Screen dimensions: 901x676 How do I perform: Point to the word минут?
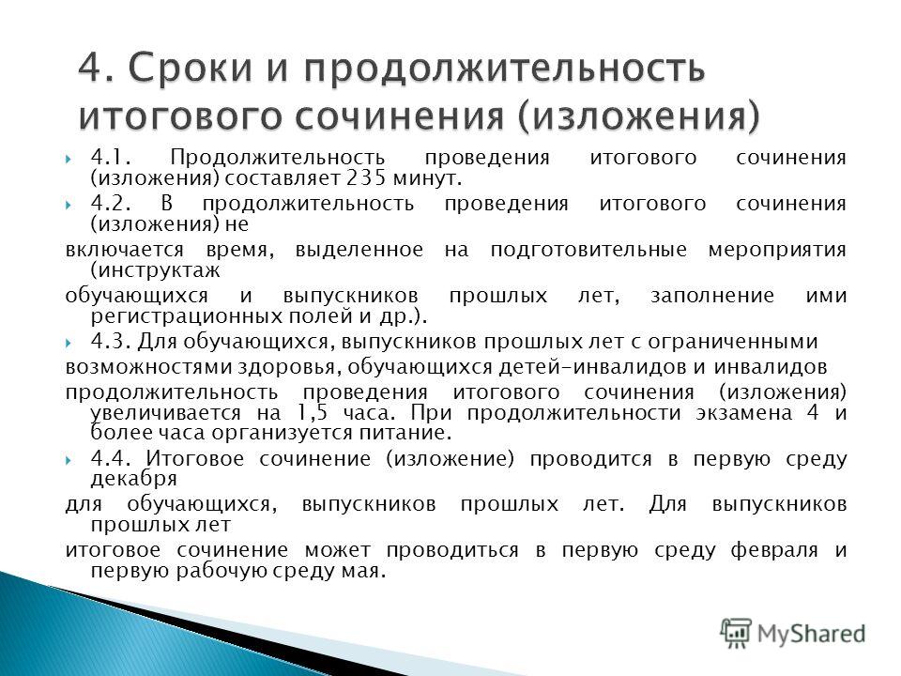pyautogui.click(x=428, y=179)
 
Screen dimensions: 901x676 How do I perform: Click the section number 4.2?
pyautogui.click(x=111, y=204)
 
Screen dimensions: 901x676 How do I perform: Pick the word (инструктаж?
pyautogui.click(x=155, y=270)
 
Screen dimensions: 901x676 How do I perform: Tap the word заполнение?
pyautogui.click(x=712, y=296)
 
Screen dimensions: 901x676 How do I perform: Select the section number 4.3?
pyautogui.click(x=111, y=342)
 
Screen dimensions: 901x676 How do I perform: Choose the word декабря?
pyautogui.click(x=134, y=479)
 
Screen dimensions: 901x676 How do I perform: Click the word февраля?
pyautogui.click(x=774, y=550)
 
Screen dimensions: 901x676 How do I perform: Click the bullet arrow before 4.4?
pyautogui.click(x=69, y=460)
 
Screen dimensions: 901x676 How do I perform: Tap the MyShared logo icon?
pyautogui.click(x=736, y=634)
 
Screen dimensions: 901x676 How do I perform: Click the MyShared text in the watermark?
pyautogui.click(x=811, y=634)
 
